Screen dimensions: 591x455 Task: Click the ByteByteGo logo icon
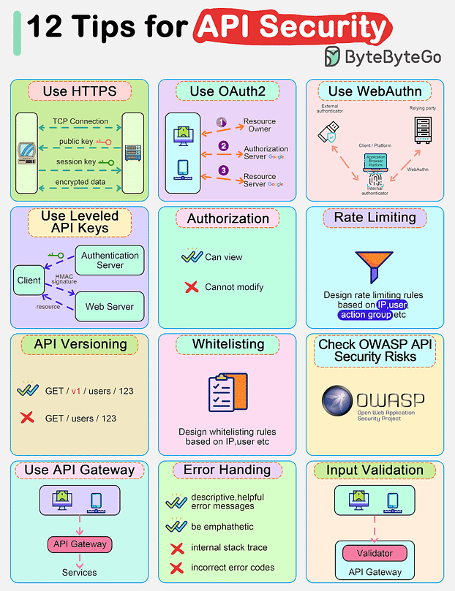(332, 56)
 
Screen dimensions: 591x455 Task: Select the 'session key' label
(75, 162)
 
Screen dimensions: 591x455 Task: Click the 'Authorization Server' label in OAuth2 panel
(265, 153)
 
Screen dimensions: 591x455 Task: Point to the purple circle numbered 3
(225, 171)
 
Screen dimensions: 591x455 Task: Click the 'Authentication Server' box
(110, 260)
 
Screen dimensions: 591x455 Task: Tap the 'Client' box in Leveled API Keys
(29, 281)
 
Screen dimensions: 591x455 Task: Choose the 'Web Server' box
(110, 307)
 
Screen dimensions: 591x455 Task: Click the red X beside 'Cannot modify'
(192, 286)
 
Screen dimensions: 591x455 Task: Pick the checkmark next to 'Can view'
(192, 256)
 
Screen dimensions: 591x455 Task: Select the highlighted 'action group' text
(365, 315)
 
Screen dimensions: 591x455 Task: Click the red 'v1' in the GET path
(75, 391)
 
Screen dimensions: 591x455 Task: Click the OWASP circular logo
(337, 402)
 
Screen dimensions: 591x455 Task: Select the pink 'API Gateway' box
(80, 544)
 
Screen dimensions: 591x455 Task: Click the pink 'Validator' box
(374, 553)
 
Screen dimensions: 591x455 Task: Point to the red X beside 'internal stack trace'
(176, 548)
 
